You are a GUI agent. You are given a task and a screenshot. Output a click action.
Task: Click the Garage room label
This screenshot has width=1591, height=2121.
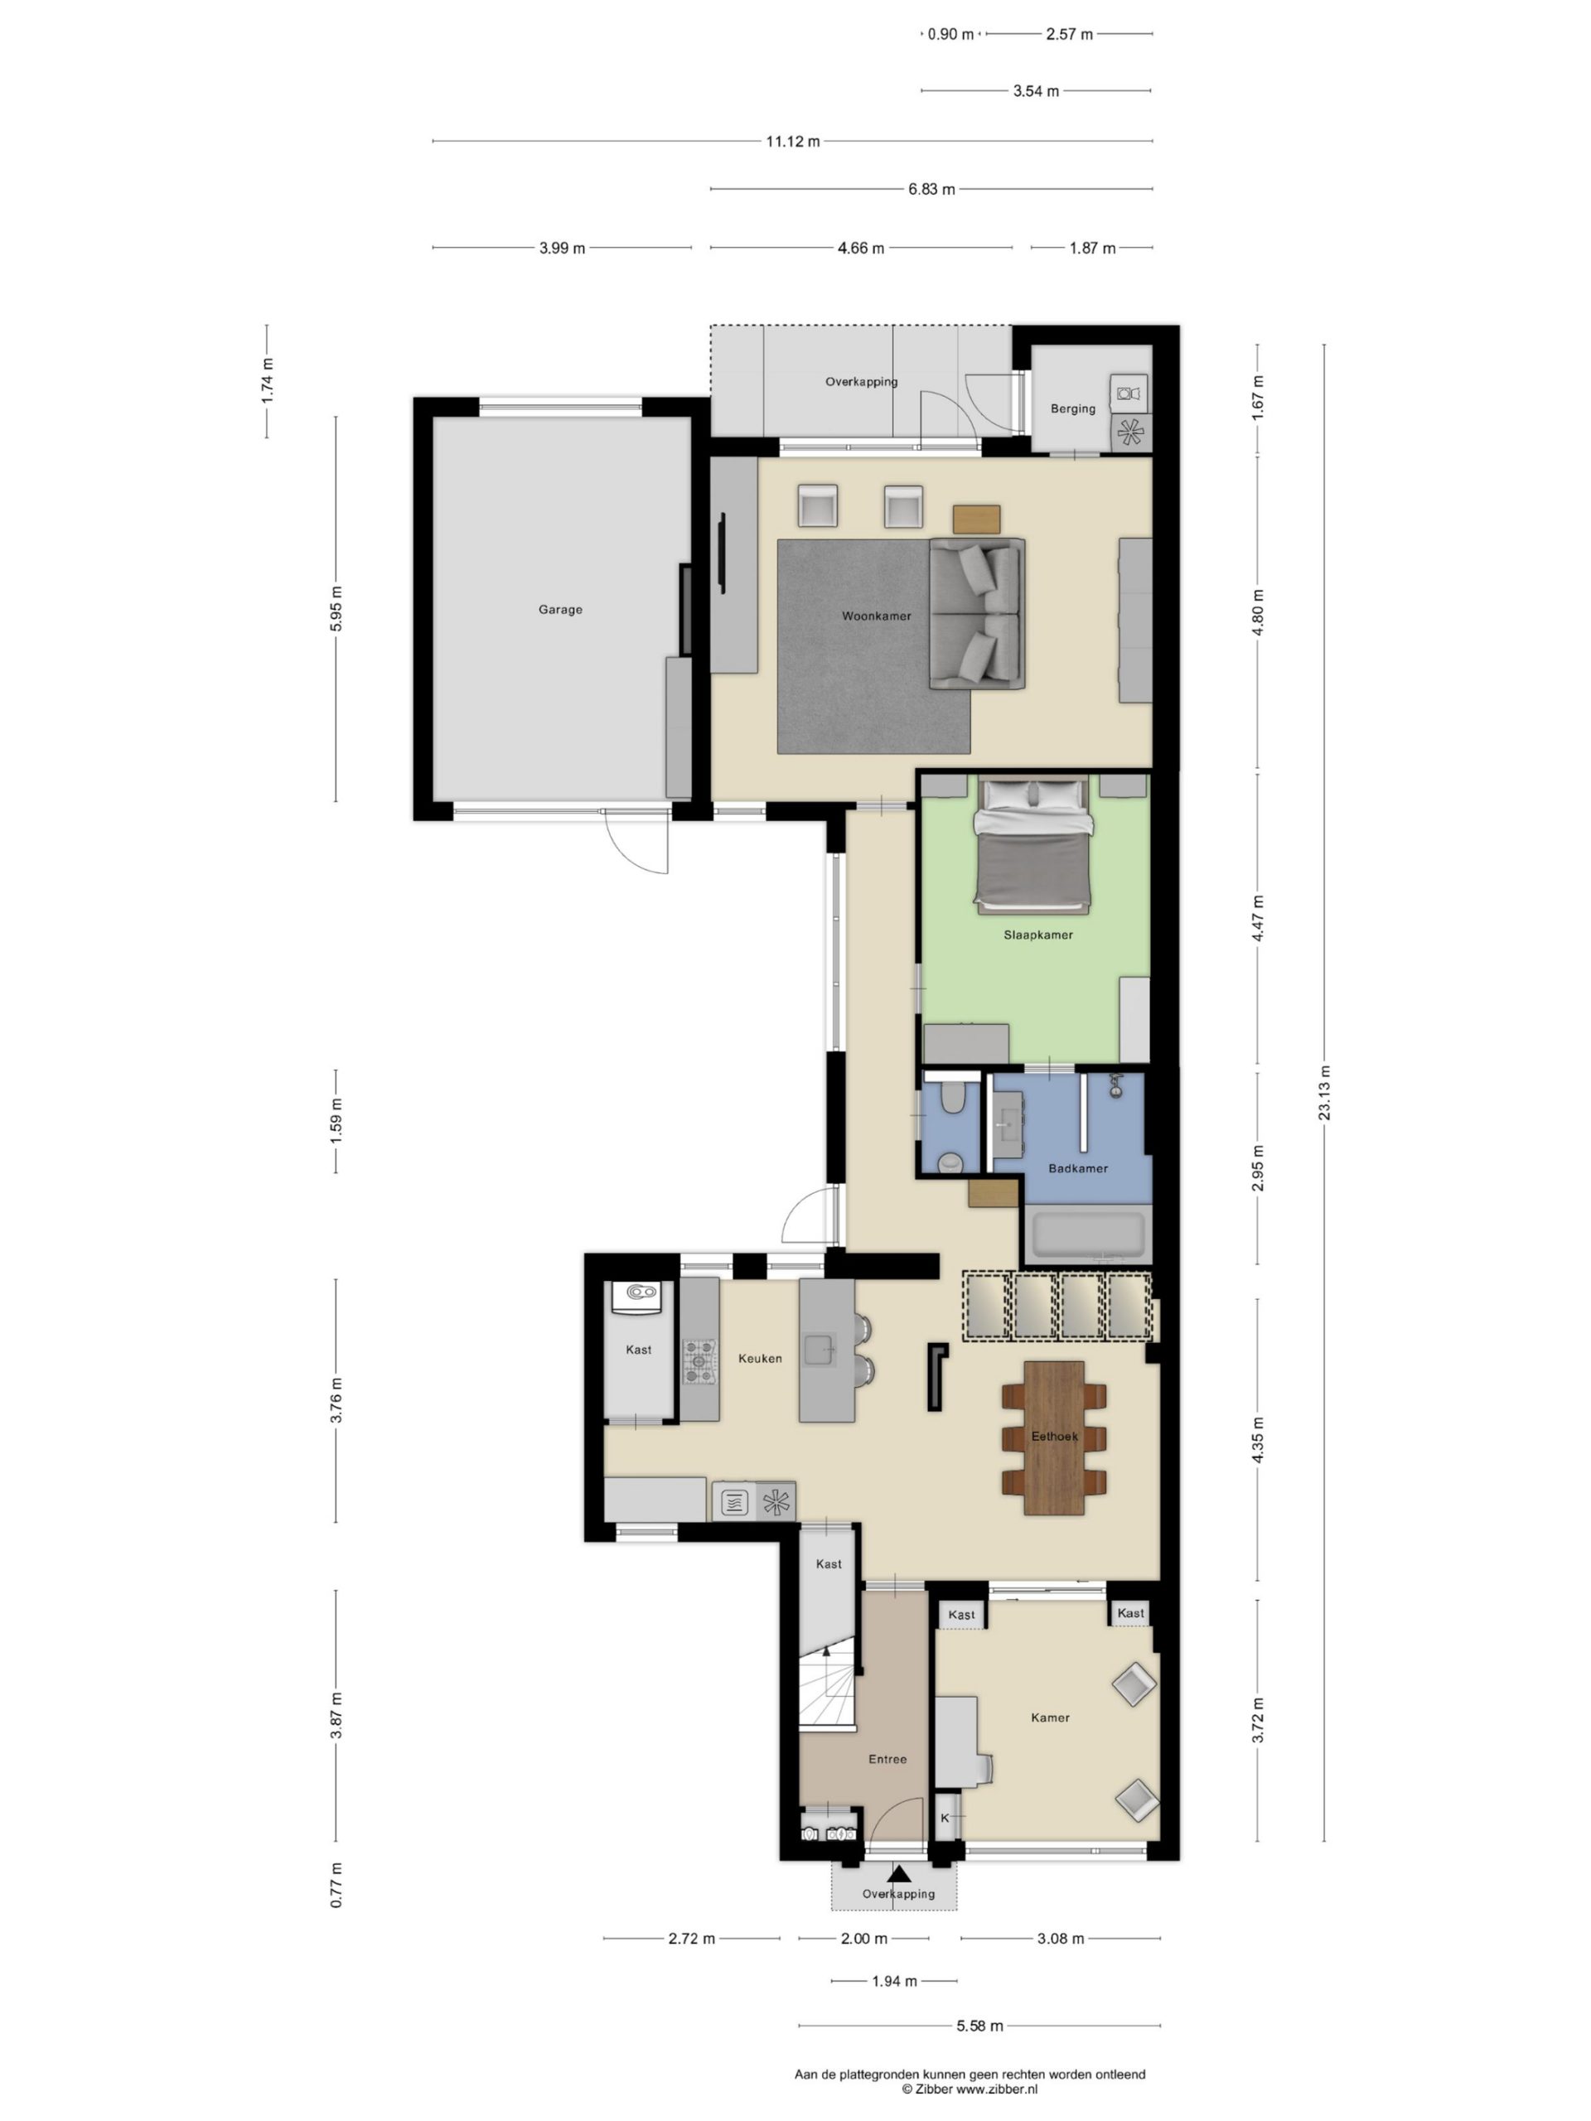point(560,610)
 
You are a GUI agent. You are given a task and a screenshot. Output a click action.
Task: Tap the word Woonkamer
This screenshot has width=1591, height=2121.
point(877,616)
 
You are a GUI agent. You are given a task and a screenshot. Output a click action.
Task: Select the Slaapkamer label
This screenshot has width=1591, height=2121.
point(1038,935)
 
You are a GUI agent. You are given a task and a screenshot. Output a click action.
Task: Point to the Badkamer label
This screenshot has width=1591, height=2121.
point(1078,1168)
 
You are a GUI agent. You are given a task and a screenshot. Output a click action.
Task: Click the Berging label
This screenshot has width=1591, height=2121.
point(1073,408)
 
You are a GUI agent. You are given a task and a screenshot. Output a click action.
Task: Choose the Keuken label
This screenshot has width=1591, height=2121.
point(761,1358)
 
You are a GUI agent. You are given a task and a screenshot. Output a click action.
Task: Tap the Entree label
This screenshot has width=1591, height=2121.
point(888,1759)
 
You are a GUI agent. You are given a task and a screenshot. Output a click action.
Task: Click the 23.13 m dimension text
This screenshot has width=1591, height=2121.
point(1324,1093)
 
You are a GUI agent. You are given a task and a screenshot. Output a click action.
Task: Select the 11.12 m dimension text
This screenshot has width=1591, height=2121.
point(793,142)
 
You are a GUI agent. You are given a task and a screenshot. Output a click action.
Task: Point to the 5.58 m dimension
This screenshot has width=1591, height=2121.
point(979,2026)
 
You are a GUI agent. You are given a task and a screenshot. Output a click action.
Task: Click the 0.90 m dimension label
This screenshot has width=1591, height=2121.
point(950,35)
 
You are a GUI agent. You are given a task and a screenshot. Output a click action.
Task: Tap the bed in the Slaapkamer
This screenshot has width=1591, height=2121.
point(1032,843)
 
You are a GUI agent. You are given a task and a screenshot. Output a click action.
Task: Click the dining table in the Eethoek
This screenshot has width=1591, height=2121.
point(1054,1437)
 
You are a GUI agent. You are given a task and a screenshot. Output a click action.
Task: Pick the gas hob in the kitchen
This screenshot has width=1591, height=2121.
point(699,1361)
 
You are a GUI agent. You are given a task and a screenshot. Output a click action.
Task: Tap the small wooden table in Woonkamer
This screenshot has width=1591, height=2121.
point(976,518)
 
